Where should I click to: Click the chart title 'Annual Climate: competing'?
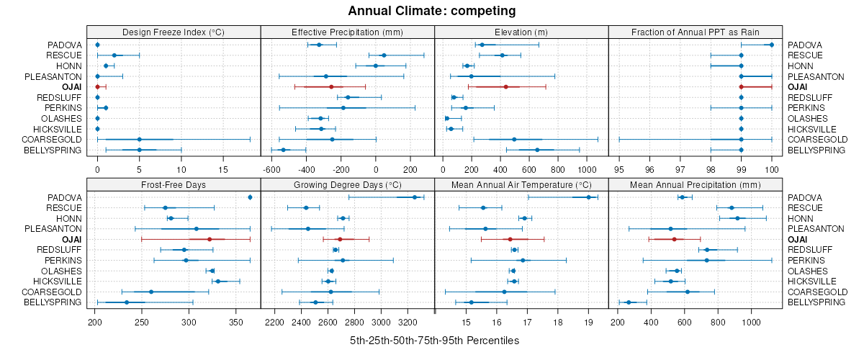click(x=431, y=11)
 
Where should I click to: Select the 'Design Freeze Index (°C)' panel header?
click(x=173, y=32)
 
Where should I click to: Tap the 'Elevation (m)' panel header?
click(x=521, y=32)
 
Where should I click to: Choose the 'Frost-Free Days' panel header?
click(x=173, y=185)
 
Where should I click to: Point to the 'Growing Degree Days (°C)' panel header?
click(x=347, y=185)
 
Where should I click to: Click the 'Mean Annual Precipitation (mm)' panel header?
click(x=696, y=185)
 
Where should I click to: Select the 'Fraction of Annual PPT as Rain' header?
click(x=696, y=32)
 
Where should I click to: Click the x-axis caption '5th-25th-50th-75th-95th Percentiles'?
click(x=434, y=340)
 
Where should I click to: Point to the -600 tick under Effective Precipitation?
click(x=271, y=170)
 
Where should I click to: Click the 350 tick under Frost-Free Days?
click(x=236, y=322)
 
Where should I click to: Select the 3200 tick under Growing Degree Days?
click(x=408, y=322)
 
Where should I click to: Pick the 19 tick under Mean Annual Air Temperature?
click(x=588, y=322)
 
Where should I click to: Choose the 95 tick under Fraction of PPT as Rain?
click(x=619, y=170)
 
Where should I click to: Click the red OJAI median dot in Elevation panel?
click(x=505, y=87)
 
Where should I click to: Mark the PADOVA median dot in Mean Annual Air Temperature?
click(x=588, y=197)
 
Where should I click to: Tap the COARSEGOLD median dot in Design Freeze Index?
click(x=139, y=140)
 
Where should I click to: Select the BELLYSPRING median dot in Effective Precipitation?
click(x=283, y=150)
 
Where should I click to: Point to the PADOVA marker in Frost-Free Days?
click(x=250, y=197)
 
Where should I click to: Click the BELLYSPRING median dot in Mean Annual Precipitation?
click(x=629, y=302)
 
